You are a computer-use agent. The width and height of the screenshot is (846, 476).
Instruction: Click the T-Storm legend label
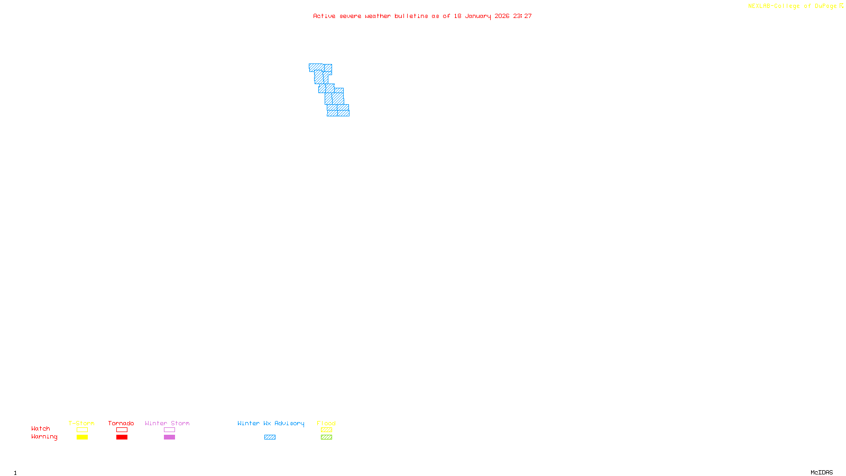[x=81, y=423]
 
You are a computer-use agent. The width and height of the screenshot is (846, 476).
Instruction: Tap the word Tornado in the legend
[x=121, y=423]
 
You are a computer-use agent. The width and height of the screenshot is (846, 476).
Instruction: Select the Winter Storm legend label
[x=167, y=423]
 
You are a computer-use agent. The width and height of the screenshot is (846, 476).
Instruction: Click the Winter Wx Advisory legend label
[x=271, y=423]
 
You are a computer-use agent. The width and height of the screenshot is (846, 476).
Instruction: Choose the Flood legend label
[x=326, y=423]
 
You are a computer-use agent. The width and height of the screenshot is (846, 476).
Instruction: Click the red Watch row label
[x=41, y=428]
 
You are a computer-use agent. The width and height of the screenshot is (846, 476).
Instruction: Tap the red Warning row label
[x=44, y=437]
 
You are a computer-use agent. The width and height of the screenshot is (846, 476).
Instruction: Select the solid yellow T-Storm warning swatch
[x=82, y=437]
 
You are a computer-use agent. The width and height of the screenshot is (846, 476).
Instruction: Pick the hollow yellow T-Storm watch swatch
[x=82, y=430]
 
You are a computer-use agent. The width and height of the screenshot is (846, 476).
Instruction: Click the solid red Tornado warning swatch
[x=122, y=437]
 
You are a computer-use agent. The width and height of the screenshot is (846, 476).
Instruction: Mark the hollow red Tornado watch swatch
[x=122, y=430]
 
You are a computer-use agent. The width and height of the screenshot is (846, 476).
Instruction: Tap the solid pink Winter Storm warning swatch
[x=169, y=437]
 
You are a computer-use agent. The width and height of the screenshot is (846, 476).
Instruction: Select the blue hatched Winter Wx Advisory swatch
[x=270, y=437]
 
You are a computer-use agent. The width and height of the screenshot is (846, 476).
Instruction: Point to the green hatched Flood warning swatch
[x=326, y=437]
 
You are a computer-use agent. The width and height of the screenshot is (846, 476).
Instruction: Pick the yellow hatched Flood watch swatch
[x=326, y=430]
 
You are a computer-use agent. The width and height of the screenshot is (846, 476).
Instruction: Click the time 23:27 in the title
[x=522, y=16]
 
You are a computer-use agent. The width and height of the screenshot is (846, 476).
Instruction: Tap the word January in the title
[x=478, y=16]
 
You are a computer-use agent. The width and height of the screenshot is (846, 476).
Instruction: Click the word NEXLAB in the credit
[x=759, y=6]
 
